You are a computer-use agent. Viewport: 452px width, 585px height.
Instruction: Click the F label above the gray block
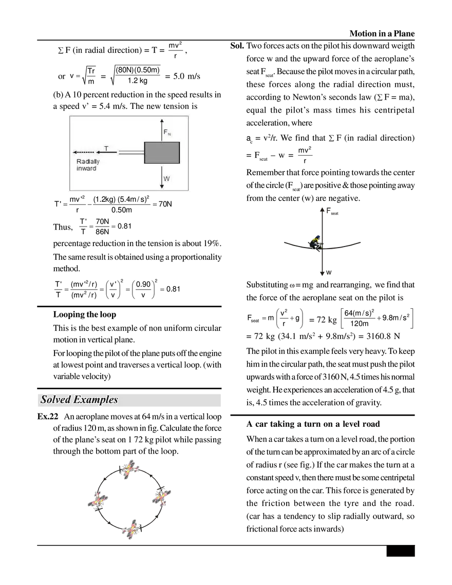click(x=165, y=132)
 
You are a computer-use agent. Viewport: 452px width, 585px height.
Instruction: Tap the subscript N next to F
click(x=169, y=135)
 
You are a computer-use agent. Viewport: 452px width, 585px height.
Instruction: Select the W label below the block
click(x=166, y=179)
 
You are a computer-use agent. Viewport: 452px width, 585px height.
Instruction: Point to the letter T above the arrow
click(x=106, y=148)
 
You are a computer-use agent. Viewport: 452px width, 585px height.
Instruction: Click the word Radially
click(x=88, y=161)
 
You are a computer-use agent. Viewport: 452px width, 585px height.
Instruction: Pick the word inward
click(x=86, y=168)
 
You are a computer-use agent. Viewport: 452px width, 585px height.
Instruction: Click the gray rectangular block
click(x=162, y=153)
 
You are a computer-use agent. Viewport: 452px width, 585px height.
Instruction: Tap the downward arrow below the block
click(x=162, y=177)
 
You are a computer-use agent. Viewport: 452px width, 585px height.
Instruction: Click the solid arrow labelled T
click(x=107, y=153)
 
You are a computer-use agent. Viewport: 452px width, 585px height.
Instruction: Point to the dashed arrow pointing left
click(x=84, y=153)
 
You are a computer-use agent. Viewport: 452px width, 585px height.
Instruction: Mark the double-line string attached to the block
click(x=131, y=152)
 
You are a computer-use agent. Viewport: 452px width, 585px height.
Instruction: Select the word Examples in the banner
click(x=97, y=400)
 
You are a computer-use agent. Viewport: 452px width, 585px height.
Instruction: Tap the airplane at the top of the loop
click(x=131, y=468)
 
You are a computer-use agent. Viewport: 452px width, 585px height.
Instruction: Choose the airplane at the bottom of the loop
click(x=130, y=530)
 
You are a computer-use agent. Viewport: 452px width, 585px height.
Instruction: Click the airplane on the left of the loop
click(x=98, y=499)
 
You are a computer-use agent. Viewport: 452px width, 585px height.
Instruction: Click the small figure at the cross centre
click(x=316, y=245)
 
